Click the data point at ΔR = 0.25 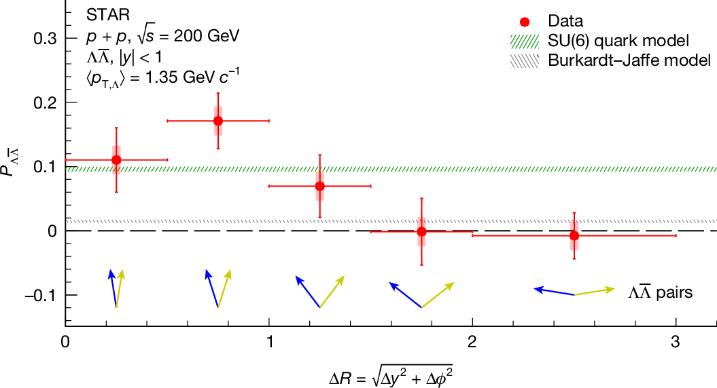tap(116, 160)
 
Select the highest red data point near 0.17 tap(218, 121)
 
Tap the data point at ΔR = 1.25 tap(320, 186)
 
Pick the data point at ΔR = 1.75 tap(421, 231)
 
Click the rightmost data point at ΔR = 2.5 tap(574, 235)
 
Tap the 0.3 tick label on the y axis tap(46, 38)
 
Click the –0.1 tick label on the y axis tap(42, 295)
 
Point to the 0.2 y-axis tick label tap(46, 102)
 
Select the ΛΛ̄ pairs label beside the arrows tap(661, 293)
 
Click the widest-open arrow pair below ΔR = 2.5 tap(574, 292)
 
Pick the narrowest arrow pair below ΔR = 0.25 tap(116, 289)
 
